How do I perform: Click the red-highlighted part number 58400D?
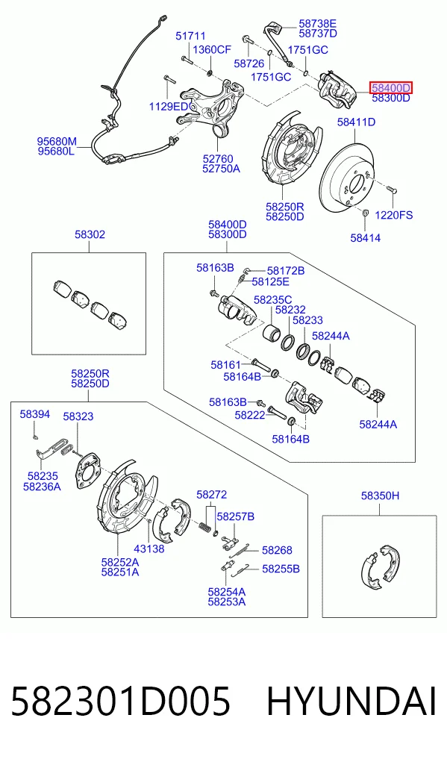click(391, 87)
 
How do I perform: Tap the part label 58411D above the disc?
click(356, 122)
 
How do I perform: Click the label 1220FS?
click(394, 214)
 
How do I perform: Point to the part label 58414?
click(365, 237)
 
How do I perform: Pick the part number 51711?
click(190, 36)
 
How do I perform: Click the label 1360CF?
click(212, 49)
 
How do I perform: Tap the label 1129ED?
click(168, 107)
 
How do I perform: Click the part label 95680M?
click(57, 142)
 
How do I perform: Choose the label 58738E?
click(317, 23)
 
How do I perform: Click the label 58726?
click(248, 63)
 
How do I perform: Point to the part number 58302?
click(90, 234)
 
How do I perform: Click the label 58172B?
click(285, 271)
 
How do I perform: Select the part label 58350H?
click(380, 496)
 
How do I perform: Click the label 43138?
click(149, 549)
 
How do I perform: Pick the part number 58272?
click(211, 495)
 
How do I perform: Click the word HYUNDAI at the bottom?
click(351, 702)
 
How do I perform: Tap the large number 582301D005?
click(120, 702)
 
